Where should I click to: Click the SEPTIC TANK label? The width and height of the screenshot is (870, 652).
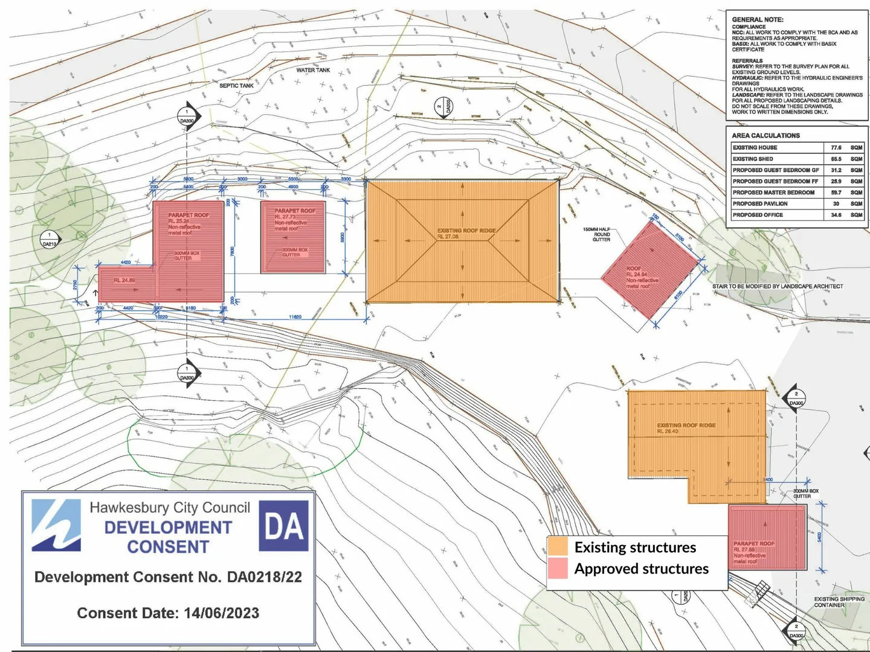coord(236,86)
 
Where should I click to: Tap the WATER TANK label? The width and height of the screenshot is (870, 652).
coord(313,70)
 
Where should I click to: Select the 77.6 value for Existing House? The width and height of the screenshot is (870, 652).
coord(836,147)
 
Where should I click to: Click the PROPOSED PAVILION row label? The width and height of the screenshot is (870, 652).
coord(760,203)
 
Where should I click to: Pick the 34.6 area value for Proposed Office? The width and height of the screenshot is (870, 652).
coord(836,215)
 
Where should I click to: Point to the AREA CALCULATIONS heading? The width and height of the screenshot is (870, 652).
coord(765,136)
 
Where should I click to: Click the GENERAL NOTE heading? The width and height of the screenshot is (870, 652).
coord(758,19)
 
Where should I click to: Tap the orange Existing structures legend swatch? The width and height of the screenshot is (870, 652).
coord(558,547)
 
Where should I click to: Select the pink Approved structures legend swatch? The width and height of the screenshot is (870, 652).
coord(558,569)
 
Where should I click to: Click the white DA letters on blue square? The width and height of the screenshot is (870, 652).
coord(284,526)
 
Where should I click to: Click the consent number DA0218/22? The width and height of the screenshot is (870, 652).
coord(264,577)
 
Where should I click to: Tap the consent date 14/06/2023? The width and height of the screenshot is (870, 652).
coord(221,613)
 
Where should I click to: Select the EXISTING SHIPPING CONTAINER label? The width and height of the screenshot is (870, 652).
coord(839,602)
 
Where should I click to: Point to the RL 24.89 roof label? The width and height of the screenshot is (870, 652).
coord(124,281)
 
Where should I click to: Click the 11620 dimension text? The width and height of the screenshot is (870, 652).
coord(295,317)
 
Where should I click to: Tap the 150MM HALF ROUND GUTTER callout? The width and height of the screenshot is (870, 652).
coord(596,235)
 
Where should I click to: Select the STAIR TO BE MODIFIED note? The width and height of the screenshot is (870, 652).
coord(777,286)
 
